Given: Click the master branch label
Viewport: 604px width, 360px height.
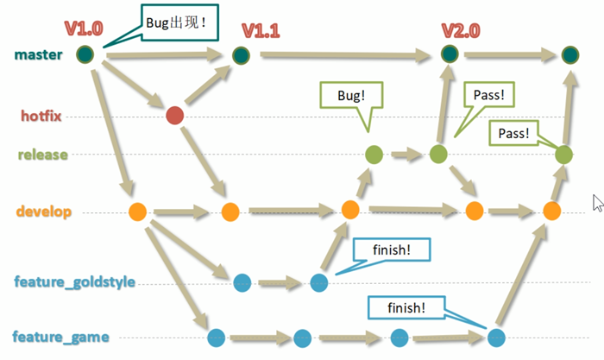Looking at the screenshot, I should pyautogui.click(x=38, y=54).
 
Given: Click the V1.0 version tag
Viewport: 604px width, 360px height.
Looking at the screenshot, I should pyautogui.click(x=82, y=30).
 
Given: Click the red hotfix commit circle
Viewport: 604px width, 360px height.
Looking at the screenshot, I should pyautogui.click(x=174, y=116).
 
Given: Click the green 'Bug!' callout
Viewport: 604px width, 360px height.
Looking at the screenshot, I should pyautogui.click(x=347, y=97).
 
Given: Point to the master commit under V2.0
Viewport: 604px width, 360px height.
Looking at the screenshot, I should pyautogui.click(x=449, y=54).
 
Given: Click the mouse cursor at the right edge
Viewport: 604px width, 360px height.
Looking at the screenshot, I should pyautogui.click(x=597, y=202).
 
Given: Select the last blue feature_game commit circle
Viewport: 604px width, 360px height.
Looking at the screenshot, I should pyautogui.click(x=495, y=338).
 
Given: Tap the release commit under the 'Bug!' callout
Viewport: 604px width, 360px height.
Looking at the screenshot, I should pyautogui.click(x=374, y=155).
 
